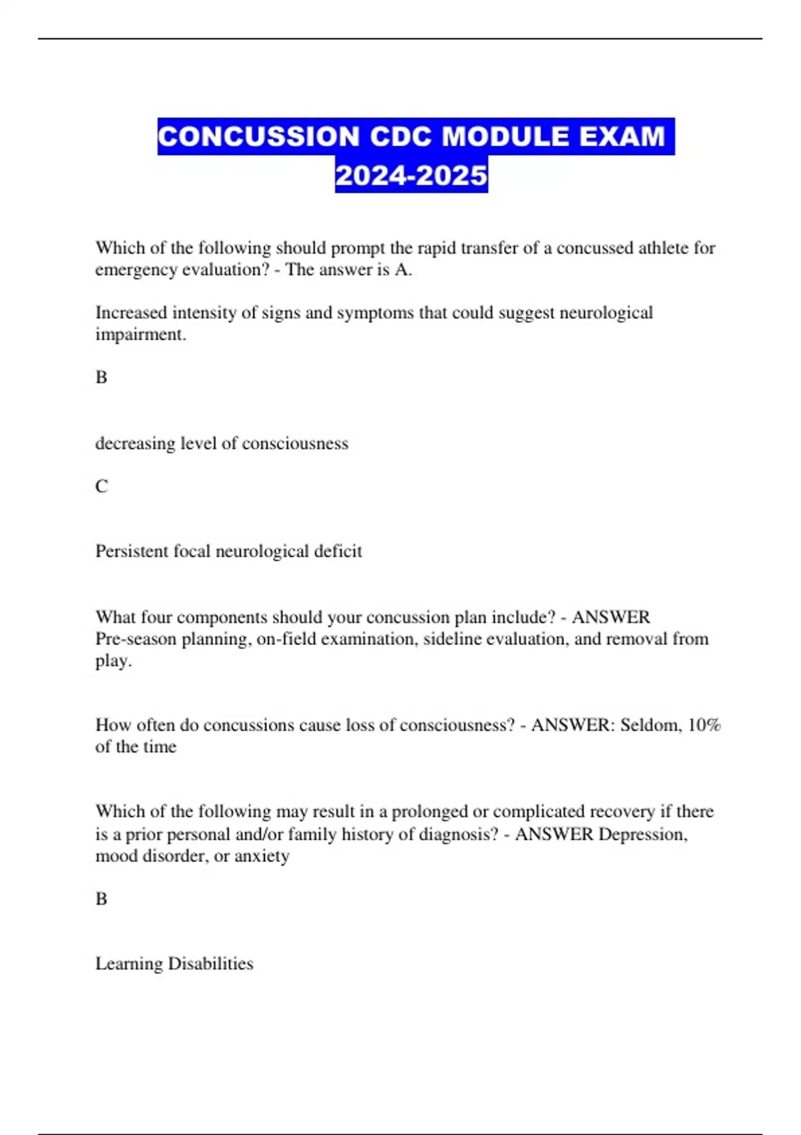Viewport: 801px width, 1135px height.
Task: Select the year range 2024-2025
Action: [x=411, y=176]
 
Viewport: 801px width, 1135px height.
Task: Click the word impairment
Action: [x=140, y=334]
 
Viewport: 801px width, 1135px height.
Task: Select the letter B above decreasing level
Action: [x=101, y=378]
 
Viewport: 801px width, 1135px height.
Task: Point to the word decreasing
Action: [x=135, y=443]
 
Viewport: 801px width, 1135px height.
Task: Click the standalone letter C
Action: [x=101, y=487]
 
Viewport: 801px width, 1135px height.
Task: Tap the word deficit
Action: [x=340, y=551]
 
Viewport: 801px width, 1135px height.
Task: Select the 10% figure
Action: [x=704, y=725]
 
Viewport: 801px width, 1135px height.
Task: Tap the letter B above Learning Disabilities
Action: [x=101, y=899]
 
